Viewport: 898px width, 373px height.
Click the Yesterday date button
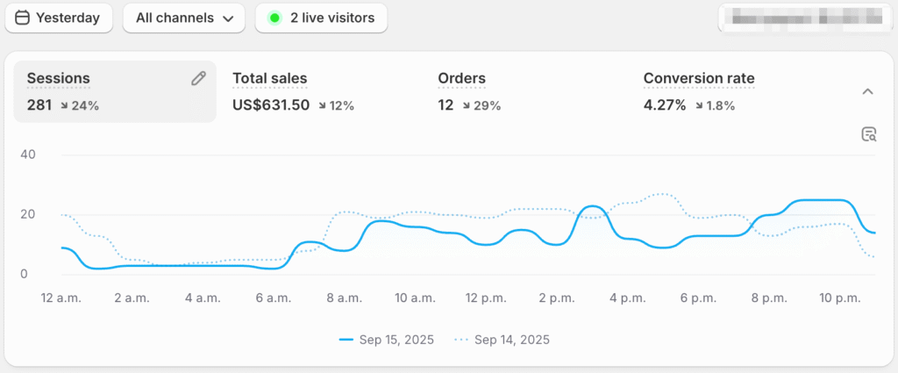tap(58, 18)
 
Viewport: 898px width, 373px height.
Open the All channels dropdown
tap(184, 18)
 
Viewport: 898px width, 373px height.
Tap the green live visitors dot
tap(274, 18)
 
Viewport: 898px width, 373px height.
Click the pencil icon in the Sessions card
tap(199, 79)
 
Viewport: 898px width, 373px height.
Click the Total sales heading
tap(269, 79)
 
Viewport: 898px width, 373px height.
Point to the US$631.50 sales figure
tap(270, 105)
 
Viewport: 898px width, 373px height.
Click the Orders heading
tap(461, 79)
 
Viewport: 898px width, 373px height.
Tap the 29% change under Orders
tap(482, 105)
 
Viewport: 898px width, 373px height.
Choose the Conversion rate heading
tap(698, 79)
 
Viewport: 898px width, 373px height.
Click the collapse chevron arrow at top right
tap(867, 91)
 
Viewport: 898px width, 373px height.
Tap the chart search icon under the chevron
tap(868, 134)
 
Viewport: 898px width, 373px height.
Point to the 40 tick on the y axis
tap(27, 155)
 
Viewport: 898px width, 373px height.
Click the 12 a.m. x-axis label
tap(61, 298)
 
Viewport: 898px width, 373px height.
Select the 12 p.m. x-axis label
tap(483, 298)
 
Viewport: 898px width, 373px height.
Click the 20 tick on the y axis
tap(27, 215)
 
